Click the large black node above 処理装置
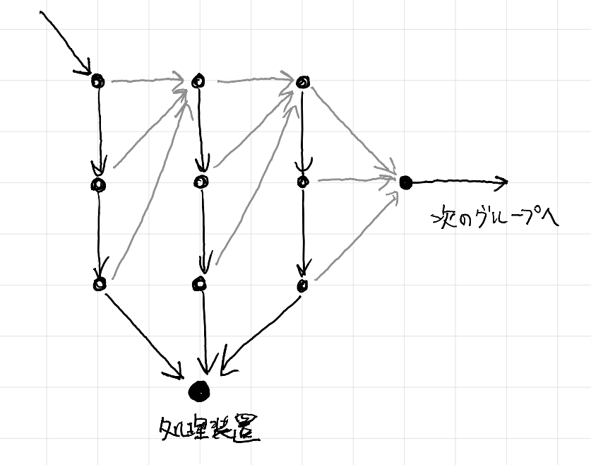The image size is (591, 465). click(x=198, y=391)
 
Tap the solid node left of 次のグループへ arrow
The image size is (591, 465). click(x=405, y=182)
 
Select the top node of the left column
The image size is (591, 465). click(x=97, y=81)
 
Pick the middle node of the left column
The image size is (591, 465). click(x=98, y=184)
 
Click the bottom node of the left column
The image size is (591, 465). click(x=100, y=284)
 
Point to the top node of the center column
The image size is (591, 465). click(x=198, y=81)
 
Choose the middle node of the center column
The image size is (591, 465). click(x=201, y=182)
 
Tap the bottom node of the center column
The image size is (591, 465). click(x=200, y=283)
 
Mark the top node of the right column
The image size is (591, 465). click(x=303, y=81)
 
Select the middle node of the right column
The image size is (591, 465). click(x=303, y=182)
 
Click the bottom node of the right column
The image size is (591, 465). click(x=303, y=286)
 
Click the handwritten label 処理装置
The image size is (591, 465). click(x=209, y=430)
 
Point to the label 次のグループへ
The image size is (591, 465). click(x=495, y=217)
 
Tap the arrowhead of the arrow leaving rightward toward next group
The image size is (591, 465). click(x=502, y=182)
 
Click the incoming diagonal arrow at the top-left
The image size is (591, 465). click(x=66, y=43)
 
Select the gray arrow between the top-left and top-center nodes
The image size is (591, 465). click(x=148, y=81)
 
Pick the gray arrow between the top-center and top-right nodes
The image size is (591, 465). click(x=256, y=80)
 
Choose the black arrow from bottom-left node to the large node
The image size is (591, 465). click(x=143, y=335)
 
